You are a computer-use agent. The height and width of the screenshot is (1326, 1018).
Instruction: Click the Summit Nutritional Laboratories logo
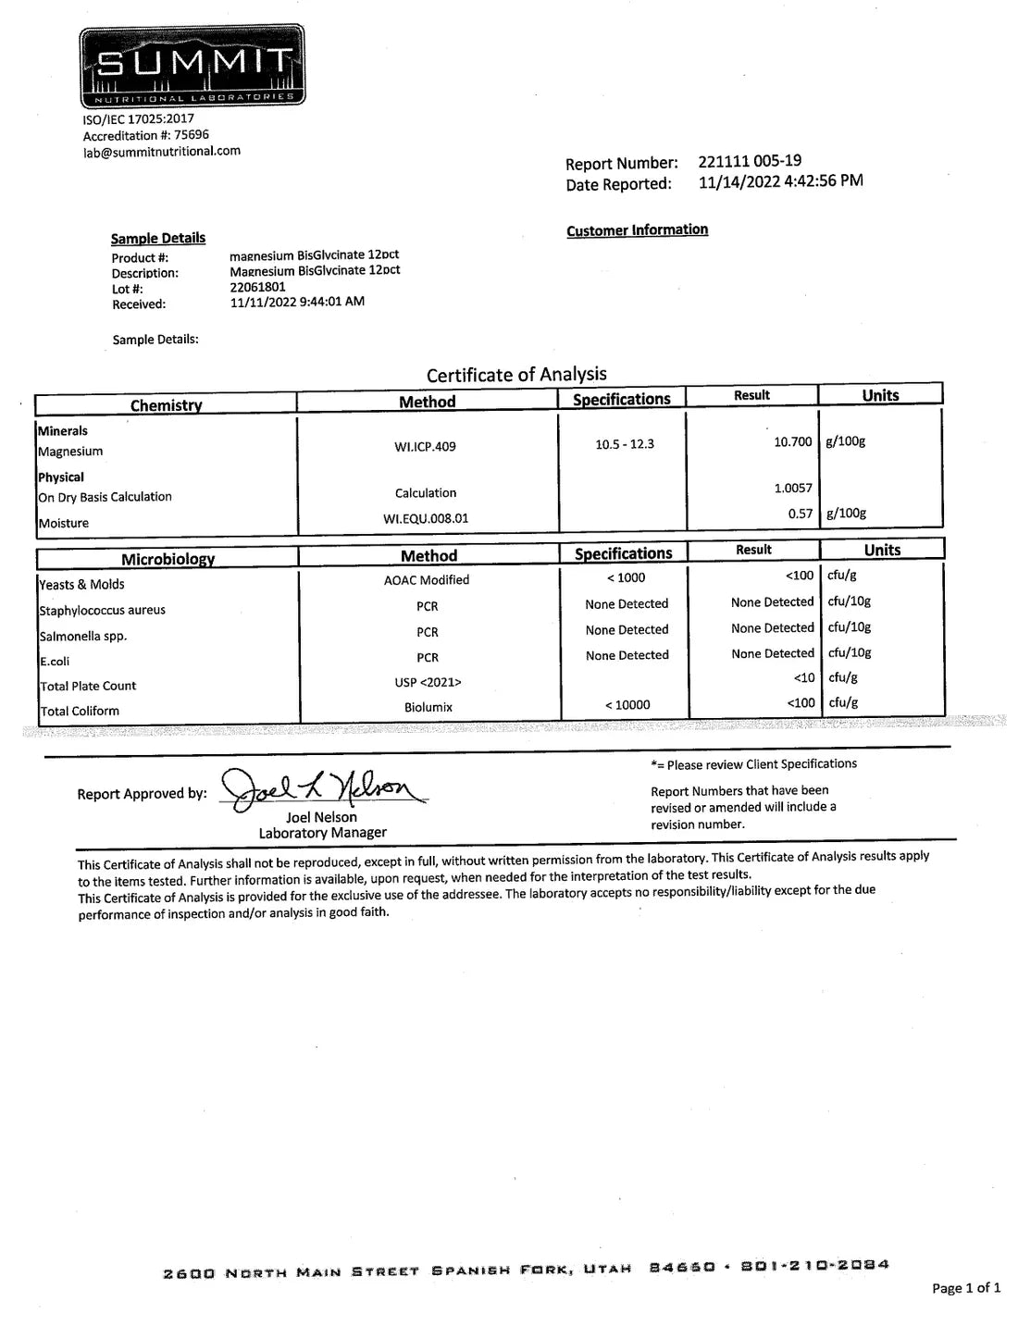(192, 65)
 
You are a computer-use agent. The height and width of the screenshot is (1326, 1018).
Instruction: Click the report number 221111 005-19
(750, 161)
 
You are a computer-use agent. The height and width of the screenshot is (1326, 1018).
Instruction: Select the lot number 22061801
(257, 287)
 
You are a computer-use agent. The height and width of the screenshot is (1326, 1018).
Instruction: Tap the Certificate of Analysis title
(516, 375)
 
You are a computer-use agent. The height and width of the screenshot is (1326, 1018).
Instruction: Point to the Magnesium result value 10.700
(793, 442)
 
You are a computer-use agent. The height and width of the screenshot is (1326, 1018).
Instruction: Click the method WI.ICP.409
(425, 447)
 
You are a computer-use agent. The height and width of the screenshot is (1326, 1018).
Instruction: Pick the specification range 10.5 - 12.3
(625, 444)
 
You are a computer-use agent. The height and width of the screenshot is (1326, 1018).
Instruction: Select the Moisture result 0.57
(801, 514)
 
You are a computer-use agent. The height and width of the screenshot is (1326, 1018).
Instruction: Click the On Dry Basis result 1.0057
(793, 489)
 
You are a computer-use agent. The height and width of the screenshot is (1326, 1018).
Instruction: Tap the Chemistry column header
(166, 405)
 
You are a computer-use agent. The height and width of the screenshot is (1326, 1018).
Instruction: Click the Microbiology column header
(168, 559)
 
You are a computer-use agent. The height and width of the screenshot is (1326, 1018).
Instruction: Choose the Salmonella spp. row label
(83, 637)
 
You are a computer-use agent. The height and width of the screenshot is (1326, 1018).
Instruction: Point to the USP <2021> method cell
(428, 682)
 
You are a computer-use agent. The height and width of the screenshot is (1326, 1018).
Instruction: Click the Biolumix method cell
(428, 707)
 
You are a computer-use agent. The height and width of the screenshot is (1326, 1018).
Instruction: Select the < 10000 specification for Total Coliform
(627, 705)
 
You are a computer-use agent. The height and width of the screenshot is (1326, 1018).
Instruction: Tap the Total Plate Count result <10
(804, 678)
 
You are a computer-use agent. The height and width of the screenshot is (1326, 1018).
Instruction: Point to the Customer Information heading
(637, 229)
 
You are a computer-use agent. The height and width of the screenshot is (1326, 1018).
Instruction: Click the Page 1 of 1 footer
(966, 1287)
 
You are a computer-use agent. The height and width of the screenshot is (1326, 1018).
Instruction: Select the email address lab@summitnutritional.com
(162, 152)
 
